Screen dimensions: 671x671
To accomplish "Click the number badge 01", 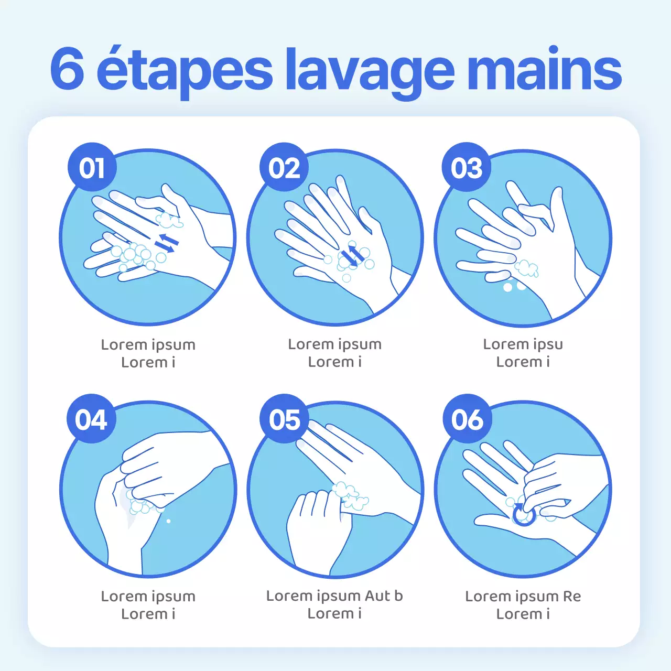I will pos(92,168).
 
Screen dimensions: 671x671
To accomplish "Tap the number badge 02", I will pos(284,168).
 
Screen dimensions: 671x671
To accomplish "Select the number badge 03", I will pos(467,168).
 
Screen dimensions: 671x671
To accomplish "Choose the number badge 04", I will pos(91,419).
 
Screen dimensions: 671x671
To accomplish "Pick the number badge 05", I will pos(285,419).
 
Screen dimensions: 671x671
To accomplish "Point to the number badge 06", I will pos(468,419).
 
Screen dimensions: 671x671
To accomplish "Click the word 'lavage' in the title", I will pos(369,71).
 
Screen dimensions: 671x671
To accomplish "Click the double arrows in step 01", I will pos(167,242).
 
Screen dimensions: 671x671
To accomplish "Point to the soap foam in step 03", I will pos(526,268).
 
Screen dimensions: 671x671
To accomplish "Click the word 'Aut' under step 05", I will pos(377,596).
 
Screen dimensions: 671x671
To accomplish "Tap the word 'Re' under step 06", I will pos(572,597).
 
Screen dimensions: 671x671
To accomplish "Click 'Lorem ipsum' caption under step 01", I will pos(148,345).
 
